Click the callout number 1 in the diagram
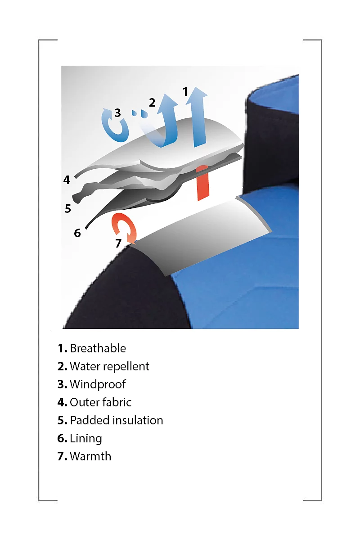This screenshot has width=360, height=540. tap(185, 92)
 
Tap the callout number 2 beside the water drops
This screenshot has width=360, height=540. tap(152, 103)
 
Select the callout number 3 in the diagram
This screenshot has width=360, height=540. tap(117, 112)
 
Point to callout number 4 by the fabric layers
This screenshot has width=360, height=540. tap(67, 180)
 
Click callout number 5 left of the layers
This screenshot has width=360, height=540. tap(68, 208)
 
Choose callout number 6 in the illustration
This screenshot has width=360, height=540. tap(77, 233)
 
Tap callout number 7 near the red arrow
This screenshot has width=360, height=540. tap(118, 243)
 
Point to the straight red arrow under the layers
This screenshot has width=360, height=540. tap(202, 183)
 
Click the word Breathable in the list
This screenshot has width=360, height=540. tap(98, 348)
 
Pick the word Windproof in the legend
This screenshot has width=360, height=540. tap(98, 385)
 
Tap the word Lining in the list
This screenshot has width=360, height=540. tap(86, 439)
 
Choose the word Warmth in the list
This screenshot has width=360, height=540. tap(90, 456)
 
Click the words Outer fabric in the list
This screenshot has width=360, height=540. tap(100, 402)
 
